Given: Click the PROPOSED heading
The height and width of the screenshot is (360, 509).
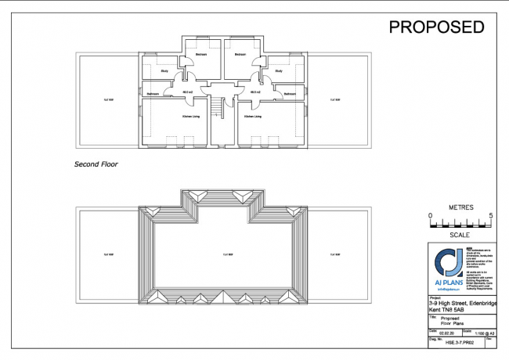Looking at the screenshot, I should tap(437, 27).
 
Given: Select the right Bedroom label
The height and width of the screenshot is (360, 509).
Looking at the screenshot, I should tap(240, 54).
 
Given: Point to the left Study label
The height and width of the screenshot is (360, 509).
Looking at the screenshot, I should tap(164, 71).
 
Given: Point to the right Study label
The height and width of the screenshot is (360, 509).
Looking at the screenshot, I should tap(278, 71).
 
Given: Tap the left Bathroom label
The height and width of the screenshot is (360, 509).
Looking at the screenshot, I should tap(152, 94).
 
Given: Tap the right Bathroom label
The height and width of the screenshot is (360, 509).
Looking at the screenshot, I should tap(290, 94).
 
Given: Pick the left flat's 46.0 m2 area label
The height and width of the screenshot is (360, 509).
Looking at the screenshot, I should tap(187, 92).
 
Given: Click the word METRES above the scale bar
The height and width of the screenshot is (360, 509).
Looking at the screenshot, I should tap(460, 207).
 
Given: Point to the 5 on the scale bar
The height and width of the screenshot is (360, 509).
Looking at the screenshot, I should tap(490, 215).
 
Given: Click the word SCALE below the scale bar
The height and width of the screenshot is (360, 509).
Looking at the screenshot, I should tap(460, 235).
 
